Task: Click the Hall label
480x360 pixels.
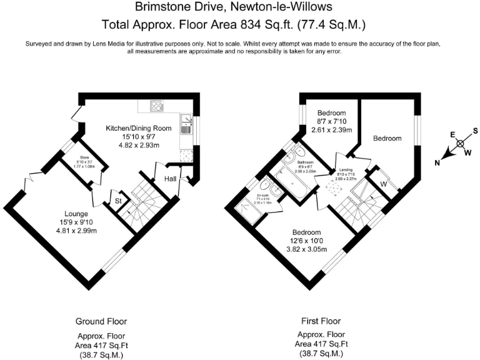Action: [x=170, y=179]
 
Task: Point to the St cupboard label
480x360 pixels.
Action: [x=118, y=201]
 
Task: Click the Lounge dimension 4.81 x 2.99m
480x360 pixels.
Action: [x=76, y=230]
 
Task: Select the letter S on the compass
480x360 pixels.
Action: [x=475, y=131]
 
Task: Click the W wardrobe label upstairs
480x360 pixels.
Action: [x=382, y=184]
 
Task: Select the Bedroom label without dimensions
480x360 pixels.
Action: [x=387, y=138]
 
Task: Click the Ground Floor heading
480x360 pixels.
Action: [x=101, y=321]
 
